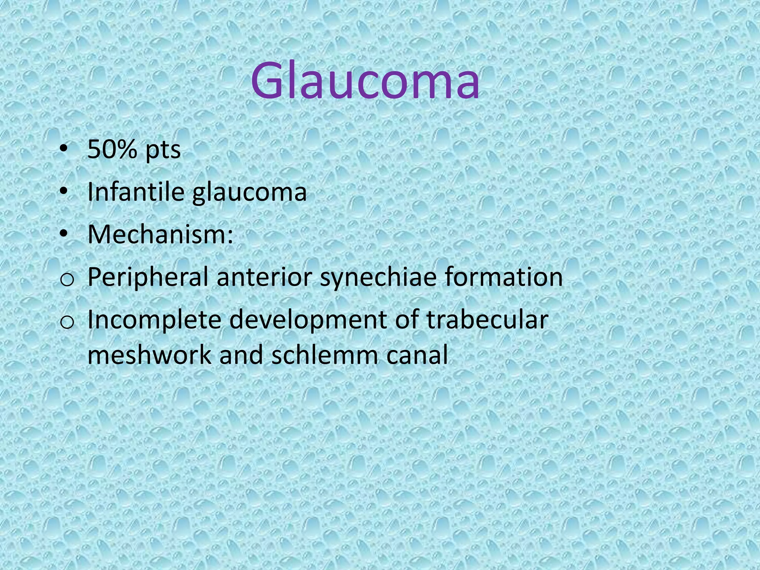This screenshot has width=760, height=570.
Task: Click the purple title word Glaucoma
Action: [365, 81]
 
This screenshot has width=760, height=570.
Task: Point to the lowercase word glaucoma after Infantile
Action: [249, 193]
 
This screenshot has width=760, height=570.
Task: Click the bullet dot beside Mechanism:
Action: [64, 234]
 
